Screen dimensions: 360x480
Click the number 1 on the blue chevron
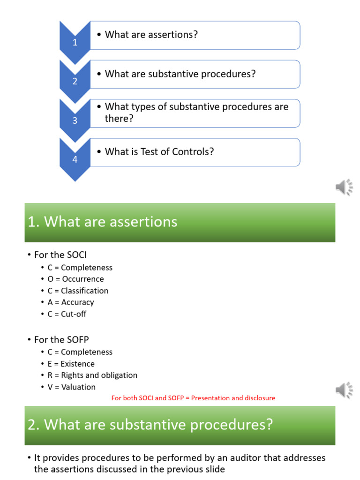75,43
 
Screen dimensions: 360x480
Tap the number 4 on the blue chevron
75,160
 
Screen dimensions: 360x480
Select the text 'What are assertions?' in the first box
151,35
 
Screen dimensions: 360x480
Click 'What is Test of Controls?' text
159,152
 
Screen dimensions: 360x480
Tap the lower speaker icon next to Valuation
344,390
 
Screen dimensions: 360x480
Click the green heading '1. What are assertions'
103,222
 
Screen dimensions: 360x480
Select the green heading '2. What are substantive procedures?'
150,425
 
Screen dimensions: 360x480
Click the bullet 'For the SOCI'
60,255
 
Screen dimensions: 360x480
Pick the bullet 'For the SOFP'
61,340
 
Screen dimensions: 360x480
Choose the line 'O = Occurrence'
75,279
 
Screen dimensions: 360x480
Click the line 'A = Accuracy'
70,302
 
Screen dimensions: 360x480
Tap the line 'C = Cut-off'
67,314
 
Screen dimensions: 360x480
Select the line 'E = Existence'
71,364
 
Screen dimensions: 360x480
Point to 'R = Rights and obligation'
92,375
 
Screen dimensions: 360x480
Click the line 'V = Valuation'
71,387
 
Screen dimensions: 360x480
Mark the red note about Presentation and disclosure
193,398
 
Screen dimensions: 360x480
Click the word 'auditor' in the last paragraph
222,457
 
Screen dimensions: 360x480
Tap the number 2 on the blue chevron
75,82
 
